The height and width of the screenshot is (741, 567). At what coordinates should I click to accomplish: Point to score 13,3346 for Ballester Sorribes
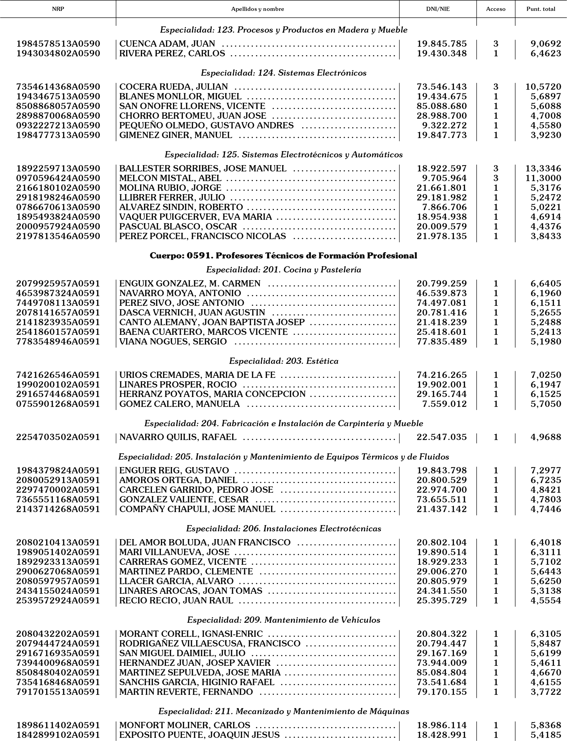[543, 169]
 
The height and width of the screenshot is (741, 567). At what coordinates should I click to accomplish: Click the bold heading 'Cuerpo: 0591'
[283, 256]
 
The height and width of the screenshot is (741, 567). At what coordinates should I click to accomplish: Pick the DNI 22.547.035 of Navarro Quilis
[441, 437]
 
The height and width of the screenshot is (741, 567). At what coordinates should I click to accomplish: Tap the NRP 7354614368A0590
[58, 87]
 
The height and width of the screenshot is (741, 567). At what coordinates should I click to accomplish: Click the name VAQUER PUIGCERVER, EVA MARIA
[195, 217]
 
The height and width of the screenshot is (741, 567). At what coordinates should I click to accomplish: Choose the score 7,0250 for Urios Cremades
[545, 375]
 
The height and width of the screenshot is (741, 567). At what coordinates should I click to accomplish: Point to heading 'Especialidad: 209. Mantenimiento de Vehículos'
[284, 620]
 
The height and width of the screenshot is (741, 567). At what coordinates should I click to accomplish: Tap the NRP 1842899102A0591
[58, 735]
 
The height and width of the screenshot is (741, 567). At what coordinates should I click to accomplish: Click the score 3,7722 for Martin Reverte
[545, 692]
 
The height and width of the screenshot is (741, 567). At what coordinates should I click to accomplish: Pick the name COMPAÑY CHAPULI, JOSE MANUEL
[197, 509]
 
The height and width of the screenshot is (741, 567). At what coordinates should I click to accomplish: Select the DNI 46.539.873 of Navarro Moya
[441, 293]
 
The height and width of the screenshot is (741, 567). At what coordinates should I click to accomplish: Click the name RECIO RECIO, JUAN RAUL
[176, 601]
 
